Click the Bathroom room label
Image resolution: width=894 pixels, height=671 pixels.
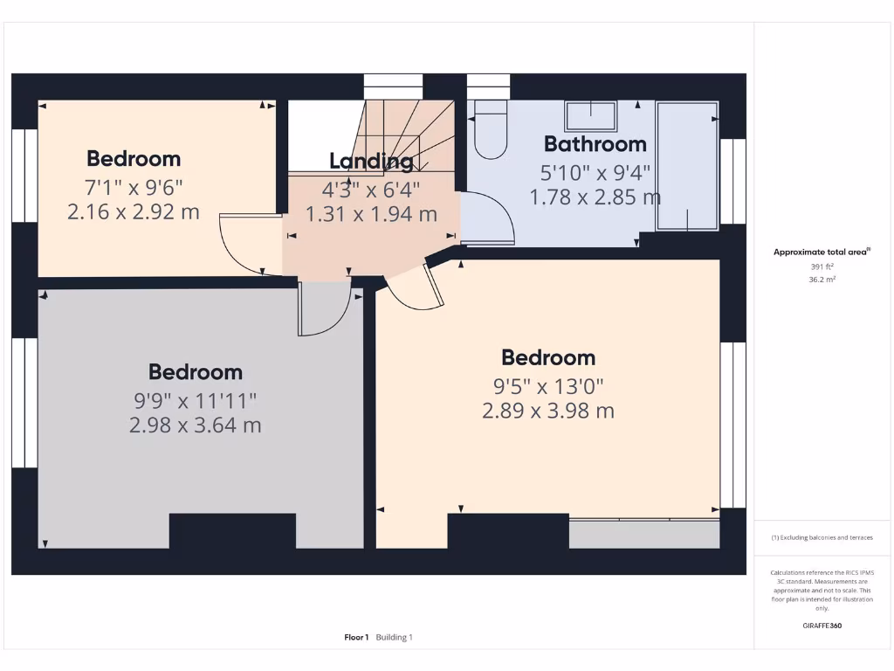coord(595,144)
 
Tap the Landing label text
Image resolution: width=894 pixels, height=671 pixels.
coord(371,161)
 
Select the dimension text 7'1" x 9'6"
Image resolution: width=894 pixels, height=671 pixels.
coord(134,186)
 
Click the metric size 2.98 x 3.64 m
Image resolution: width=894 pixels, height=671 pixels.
coord(196,425)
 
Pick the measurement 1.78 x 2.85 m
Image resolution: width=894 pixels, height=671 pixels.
coord(595,197)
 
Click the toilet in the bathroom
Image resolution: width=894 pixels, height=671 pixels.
coord(490,133)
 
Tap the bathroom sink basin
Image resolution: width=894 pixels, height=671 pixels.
coord(591,115)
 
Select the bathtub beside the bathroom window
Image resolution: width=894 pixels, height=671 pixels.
coord(688,166)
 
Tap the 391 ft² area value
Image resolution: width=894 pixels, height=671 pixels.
coord(822,266)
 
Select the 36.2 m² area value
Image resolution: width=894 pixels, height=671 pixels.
coord(822,280)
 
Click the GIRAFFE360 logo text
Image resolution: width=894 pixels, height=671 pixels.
coord(822,626)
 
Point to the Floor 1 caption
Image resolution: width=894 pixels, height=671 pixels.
coord(356,638)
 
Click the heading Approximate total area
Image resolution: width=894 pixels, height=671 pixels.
coord(821,252)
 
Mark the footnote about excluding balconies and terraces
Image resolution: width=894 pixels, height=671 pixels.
coord(822,537)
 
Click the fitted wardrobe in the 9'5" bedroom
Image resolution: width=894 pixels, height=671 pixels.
coord(644,534)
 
